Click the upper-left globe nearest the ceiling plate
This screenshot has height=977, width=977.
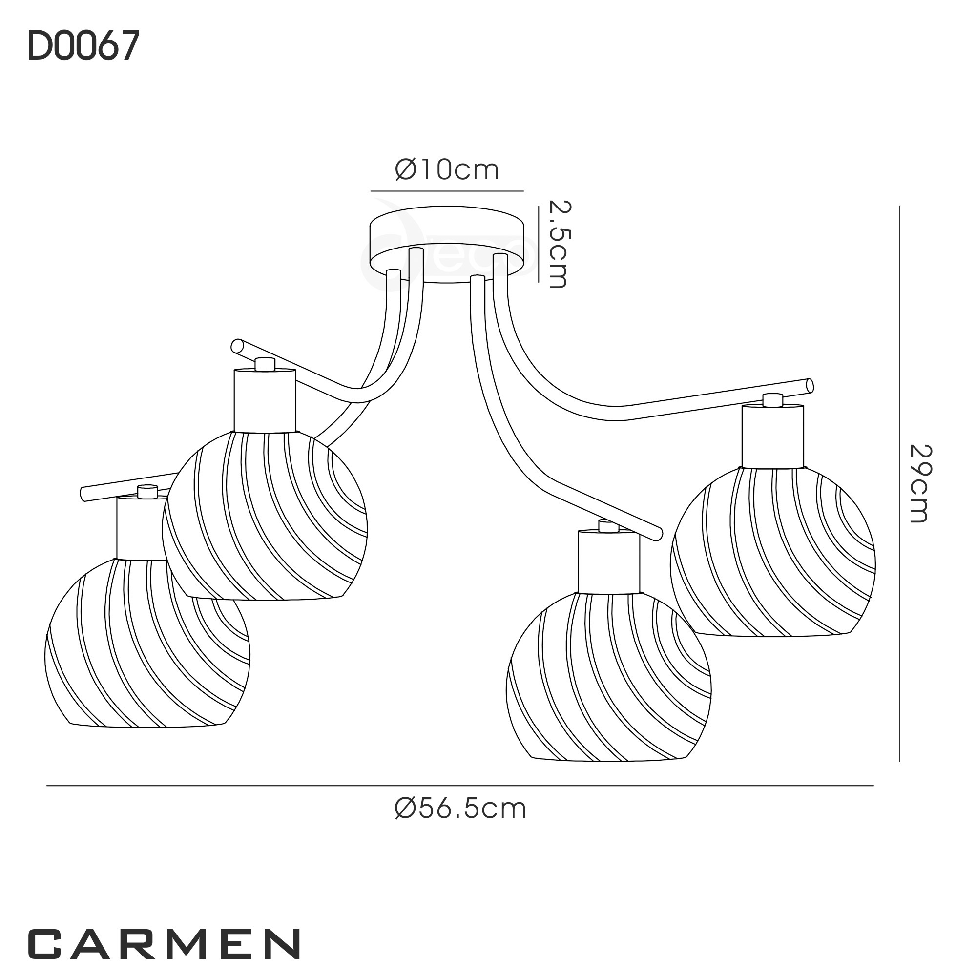pyautogui.click(x=265, y=516)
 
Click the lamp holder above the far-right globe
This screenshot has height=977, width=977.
pyautogui.click(x=773, y=436)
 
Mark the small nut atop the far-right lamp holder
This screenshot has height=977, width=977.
pyautogui.click(x=773, y=400)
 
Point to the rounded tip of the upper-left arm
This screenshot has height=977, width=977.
pyautogui.click(x=236, y=346)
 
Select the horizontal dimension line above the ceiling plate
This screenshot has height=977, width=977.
pyautogui.click(x=447, y=191)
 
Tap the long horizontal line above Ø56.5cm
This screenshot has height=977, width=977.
pyautogui.click(x=459, y=785)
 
